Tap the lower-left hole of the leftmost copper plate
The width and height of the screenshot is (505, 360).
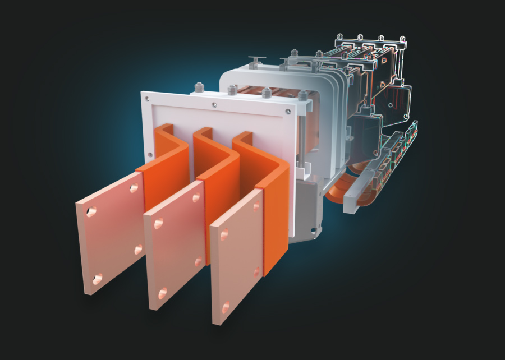coord(98,278)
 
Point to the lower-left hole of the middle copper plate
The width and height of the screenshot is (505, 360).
coord(163,292)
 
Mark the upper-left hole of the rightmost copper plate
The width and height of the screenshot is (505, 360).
coord(224,234)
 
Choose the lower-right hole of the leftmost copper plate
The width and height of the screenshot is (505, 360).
coord(139,249)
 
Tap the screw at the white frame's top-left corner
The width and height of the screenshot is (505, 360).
coord(148,99)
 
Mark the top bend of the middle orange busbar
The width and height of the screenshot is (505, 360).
coord(202,133)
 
